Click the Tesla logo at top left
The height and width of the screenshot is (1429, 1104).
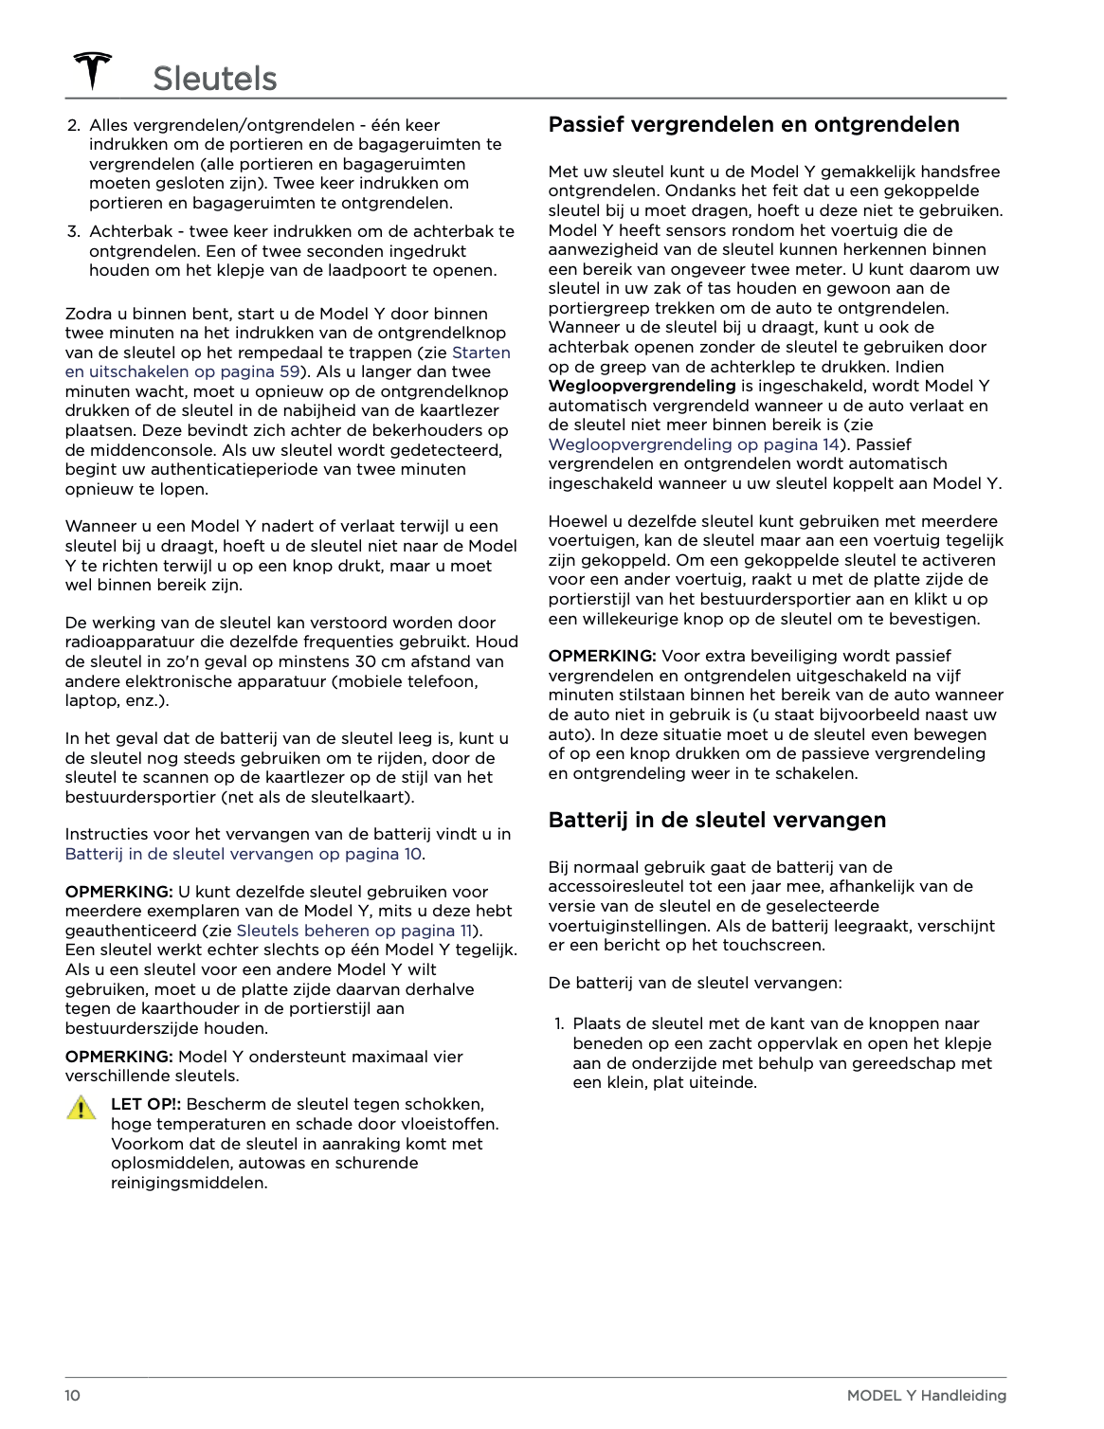93,71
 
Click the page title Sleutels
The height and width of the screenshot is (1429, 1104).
214,79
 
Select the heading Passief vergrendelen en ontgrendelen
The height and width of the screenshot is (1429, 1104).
753,124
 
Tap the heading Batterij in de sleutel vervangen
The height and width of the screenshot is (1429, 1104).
716,820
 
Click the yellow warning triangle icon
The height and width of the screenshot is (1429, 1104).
82,1108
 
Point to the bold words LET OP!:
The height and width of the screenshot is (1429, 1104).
146,1104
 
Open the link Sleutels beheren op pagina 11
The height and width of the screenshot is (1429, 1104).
353,931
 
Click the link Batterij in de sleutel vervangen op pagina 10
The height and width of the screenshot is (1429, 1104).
244,854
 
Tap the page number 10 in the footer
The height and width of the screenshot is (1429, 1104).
73,1395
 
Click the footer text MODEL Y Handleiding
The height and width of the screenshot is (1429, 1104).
926,1395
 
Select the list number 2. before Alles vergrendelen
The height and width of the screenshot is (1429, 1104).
73,125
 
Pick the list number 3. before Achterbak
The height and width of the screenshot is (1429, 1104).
73,231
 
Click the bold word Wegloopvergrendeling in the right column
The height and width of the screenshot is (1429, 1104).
642,386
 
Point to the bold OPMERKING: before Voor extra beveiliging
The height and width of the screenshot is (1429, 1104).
602,656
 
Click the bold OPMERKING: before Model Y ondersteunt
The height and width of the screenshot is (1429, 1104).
118,1057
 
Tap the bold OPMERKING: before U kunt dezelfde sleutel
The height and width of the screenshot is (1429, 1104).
118,892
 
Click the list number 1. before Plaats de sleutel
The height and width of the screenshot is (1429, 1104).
559,1023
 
